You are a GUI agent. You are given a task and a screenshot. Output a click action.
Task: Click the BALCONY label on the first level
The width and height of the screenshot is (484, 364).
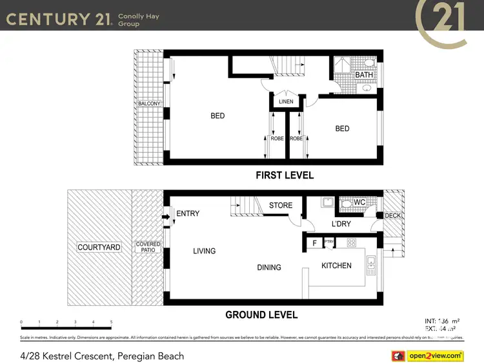pyautogui.click(x=149, y=103)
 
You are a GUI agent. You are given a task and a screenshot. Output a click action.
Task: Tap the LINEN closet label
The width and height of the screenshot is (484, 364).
pyautogui.click(x=286, y=102)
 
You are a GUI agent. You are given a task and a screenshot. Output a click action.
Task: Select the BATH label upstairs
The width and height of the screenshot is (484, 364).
pyautogui.click(x=364, y=75)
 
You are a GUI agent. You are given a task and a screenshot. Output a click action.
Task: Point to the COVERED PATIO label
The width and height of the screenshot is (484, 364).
pyautogui.click(x=148, y=247)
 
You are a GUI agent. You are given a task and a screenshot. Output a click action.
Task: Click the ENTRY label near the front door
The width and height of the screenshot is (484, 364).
pyautogui.click(x=188, y=213)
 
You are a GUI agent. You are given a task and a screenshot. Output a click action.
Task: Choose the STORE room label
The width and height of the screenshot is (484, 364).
pyautogui.click(x=281, y=206)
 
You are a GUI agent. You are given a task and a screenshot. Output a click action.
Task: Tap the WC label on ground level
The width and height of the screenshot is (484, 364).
pyautogui.click(x=360, y=202)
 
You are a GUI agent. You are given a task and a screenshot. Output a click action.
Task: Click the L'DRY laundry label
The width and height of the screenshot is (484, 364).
pyautogui.click(x=340, y=223)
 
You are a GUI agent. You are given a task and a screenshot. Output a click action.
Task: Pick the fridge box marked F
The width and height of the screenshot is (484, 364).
pyautogui.click(x=314, y=243)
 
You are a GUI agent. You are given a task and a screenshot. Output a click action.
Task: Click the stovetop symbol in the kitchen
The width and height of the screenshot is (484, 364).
pyautogui.click(x=352, y=243)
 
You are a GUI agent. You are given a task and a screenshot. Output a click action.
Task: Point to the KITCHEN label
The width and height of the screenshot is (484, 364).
pyautogui.click(x=336, y=265)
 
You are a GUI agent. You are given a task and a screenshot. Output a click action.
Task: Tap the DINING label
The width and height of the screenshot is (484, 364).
pyautogui.click(x=269, y=267)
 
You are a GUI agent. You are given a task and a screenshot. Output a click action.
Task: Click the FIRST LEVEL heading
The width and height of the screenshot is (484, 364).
pyautogui.click(x=285, y=175)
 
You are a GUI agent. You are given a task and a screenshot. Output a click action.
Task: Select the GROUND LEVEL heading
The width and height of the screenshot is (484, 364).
pyautogui.click(x=261, y=315)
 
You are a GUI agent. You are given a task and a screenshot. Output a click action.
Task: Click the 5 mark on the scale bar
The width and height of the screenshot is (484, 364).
pyautogui.click(x=111, y=321)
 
